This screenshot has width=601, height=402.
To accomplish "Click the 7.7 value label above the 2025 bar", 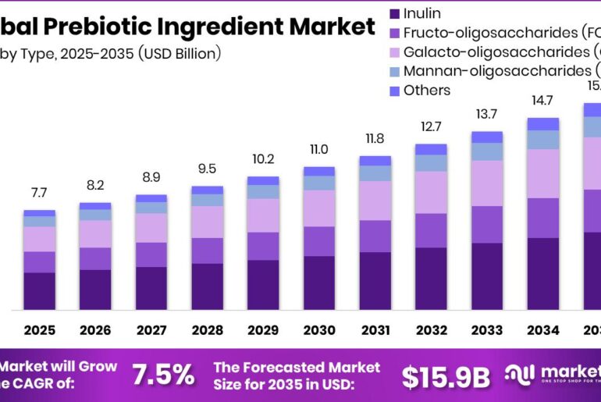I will coord(39,192).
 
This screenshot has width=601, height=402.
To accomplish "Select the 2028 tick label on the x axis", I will coord(207,330).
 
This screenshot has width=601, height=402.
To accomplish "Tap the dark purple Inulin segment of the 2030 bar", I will coord(319,282).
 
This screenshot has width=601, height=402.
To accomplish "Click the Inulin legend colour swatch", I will coord(395,13).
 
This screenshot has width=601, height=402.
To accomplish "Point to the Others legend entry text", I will coord(427,91).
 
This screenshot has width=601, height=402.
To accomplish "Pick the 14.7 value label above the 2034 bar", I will coord(543,100).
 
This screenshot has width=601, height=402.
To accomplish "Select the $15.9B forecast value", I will coord(446,376).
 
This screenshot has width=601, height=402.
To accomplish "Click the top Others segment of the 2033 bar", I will coord(487,137).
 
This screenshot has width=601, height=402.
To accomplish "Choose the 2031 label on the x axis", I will coord(375,330).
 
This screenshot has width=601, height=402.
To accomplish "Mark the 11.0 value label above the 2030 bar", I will coord(319,149).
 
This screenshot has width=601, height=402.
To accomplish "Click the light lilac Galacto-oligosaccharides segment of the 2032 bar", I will coord(431,192).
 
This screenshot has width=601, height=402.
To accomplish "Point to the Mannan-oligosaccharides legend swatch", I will coord(395,71).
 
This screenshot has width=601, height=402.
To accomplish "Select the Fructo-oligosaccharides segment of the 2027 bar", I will coord(151,254).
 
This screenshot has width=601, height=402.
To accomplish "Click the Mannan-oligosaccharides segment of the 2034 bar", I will coord(543,140).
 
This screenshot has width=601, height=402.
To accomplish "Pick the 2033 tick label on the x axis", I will coord(487,330).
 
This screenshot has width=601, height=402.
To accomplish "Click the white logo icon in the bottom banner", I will coord(519,375).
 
